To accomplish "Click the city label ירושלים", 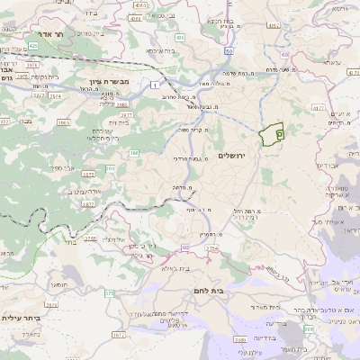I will click(238, 156).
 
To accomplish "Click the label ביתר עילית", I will click(24, 317).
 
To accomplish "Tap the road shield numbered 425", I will click(32, 45).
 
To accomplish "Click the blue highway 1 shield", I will click(155, 84).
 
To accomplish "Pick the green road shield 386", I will click(134, 154).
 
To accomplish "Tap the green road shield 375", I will click(109, 292).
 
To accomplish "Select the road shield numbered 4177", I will click(317, 106).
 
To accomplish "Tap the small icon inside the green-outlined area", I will click(279, 133).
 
